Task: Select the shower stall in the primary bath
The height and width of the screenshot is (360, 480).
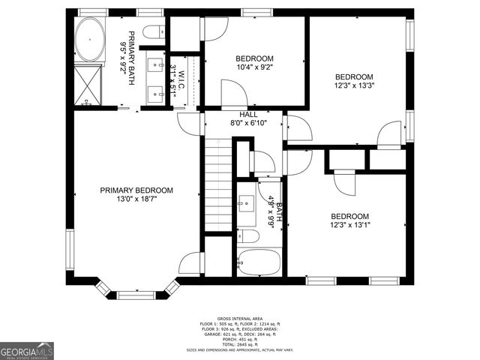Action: [89, 83]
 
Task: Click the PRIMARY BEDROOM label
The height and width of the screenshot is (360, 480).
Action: [136, 190]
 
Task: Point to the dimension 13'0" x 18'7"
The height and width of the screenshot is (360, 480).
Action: [136, 200]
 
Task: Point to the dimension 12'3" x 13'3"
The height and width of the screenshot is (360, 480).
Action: [353, 86]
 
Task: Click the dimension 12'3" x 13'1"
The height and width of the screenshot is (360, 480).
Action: [350, 225]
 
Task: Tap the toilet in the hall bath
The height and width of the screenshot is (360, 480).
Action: [248, 236]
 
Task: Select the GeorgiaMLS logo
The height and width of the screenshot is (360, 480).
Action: [27, 352]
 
